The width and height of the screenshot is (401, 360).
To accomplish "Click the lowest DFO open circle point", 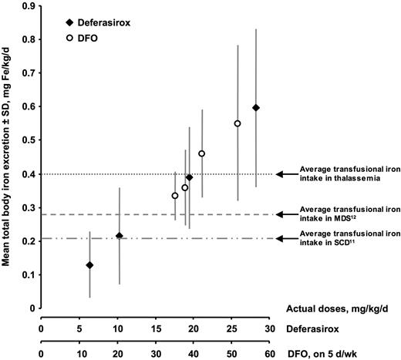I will [x=175, y=196].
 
